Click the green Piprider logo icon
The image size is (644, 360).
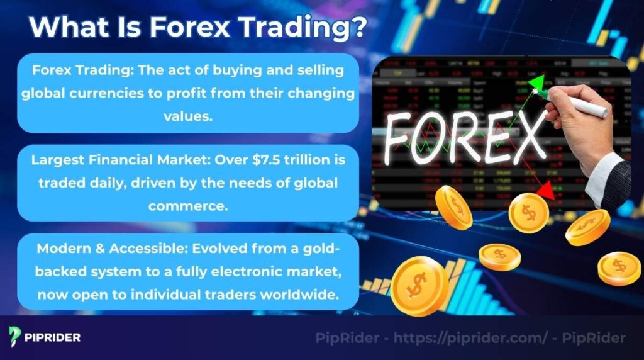click(x=15, y=337)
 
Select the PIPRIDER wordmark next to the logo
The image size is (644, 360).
click(x=53, y=337)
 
